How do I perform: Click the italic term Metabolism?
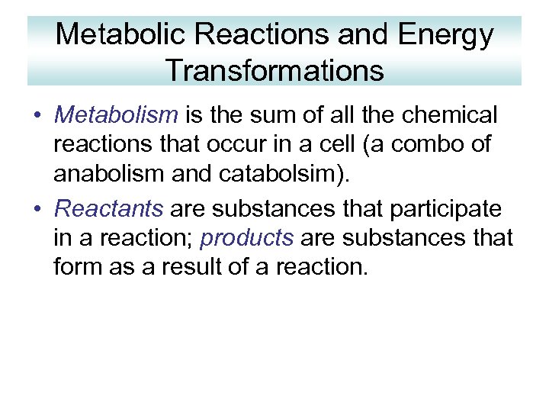tap(116, 115)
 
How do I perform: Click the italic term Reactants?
tap(109, 208)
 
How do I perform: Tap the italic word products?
tap(246, 238)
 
